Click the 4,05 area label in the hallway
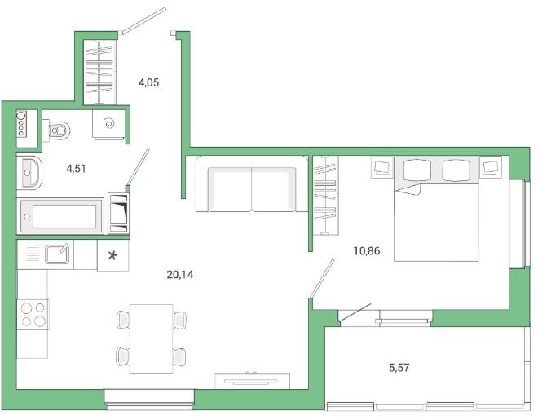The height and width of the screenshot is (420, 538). click(148, 82)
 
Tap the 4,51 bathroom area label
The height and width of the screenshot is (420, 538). click(76, 169)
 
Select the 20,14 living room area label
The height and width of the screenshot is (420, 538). click(180, 275)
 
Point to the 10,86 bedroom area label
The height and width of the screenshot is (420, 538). click(367, 251)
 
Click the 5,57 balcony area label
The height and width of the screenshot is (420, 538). click(399, 368)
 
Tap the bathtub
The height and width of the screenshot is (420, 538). click(61, 216)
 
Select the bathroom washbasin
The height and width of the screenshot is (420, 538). click(29, 173)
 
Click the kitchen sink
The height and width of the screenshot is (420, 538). click(57, 254)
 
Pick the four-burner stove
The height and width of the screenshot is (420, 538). click(33, 314)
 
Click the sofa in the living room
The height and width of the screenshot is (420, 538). click(252, 184)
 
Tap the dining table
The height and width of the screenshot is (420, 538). click(152, 338)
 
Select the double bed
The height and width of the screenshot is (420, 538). click(436, 209)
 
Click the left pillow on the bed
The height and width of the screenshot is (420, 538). click(417, 170)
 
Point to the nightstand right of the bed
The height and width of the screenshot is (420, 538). click(491, 167)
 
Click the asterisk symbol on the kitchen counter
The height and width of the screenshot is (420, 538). click(112, 255)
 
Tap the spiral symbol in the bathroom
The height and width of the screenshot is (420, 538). click(110, 122)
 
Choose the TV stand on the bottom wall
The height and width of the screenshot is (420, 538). click(252, 381)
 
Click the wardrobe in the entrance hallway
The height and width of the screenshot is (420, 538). click(99, 72)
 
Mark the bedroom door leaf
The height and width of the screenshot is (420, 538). click(322, 278)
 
